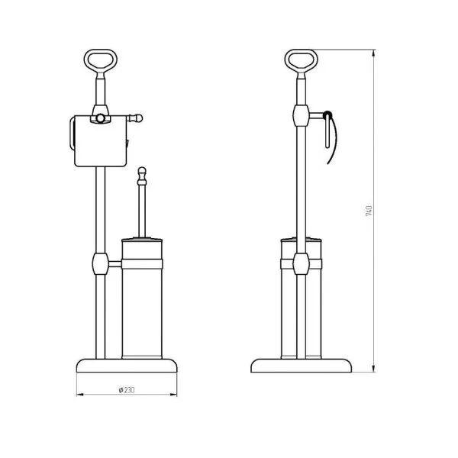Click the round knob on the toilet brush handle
(140, 171)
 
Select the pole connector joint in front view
(100, 264)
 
